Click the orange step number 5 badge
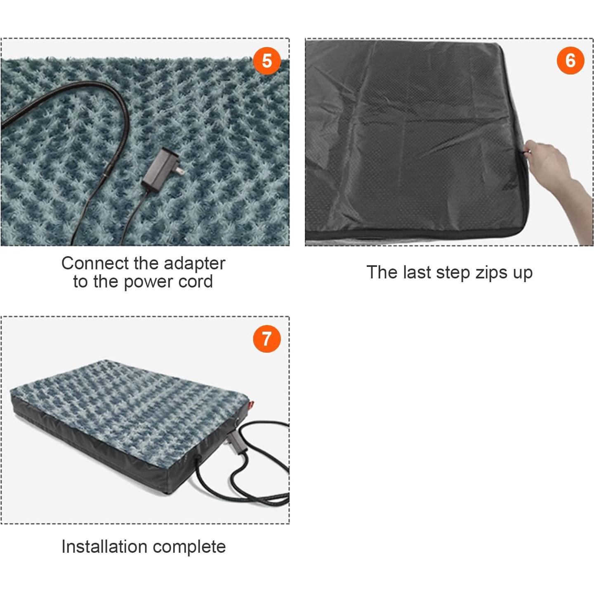click(x=267, y=61)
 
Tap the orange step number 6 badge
click(x=570, y=61)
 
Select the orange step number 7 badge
click(x=267, y=339)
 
